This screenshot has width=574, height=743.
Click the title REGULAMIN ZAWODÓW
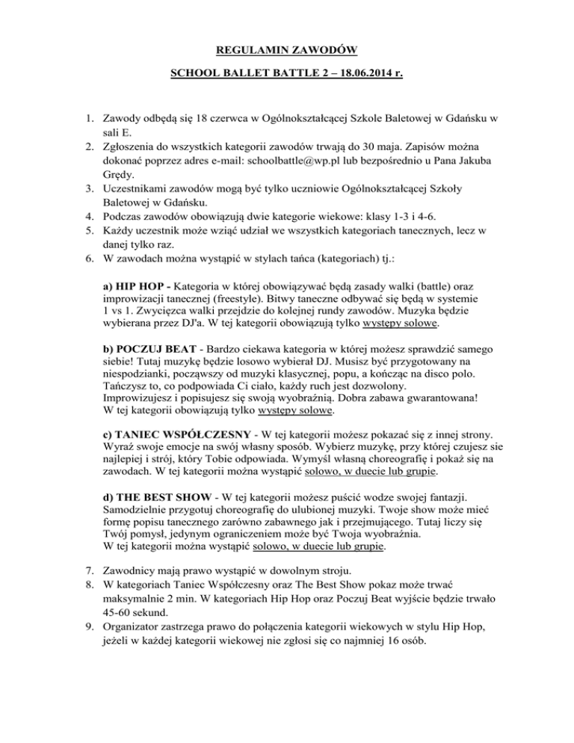pos(287,51)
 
